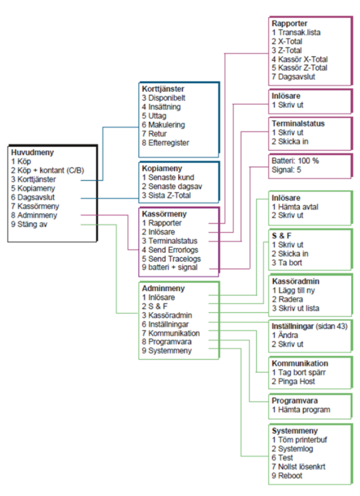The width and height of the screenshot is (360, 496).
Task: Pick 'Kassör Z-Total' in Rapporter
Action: [299, 68]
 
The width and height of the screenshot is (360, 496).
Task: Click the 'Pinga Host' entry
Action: [294, 381]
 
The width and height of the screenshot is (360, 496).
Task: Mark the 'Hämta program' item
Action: [301, 410]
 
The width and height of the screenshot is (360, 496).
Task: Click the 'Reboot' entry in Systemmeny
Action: [290, 475]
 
